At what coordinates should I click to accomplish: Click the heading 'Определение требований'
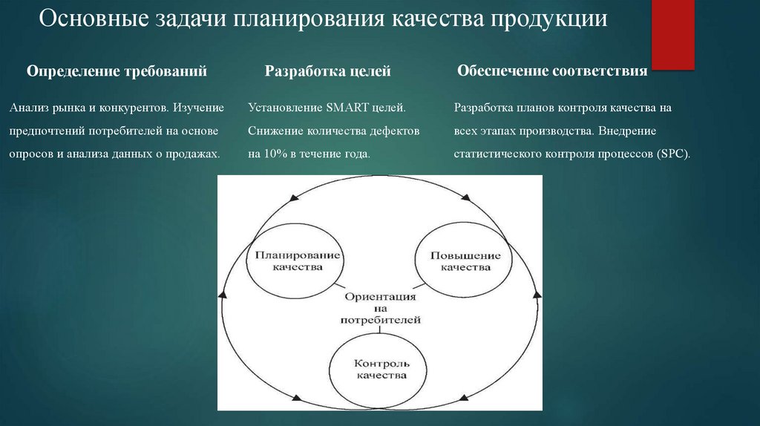click(117, 71)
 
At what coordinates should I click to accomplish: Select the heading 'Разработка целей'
click(328, 71)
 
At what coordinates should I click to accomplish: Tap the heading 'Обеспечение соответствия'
click(553, 71)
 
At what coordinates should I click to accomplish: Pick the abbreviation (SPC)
click(672, 154)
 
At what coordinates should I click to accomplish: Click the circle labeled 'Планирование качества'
click(297, 260)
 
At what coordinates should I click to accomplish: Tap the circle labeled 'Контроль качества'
click(380, 370)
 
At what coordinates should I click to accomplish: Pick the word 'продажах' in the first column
click(196, 154)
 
